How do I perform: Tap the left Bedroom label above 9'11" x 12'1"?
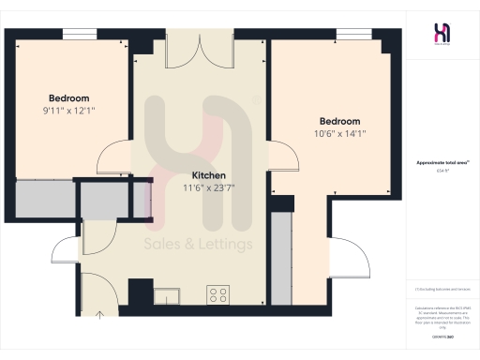tap(69, 98)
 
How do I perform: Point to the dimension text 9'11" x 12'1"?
tap(69, 111)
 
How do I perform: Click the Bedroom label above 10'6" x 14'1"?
tap(339, 121)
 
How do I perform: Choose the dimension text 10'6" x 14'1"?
tap(339, 133)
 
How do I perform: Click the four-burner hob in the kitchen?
tap(218, 294)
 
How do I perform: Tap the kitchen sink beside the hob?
tap(170, 293)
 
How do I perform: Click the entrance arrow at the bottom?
tap(100, 312)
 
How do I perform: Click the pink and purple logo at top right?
tap(442, 33)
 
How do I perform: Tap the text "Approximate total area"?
tap(441, 163)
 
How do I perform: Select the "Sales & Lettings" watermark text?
tap(199, 245)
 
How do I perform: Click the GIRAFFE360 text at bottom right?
tap(442, 335)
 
